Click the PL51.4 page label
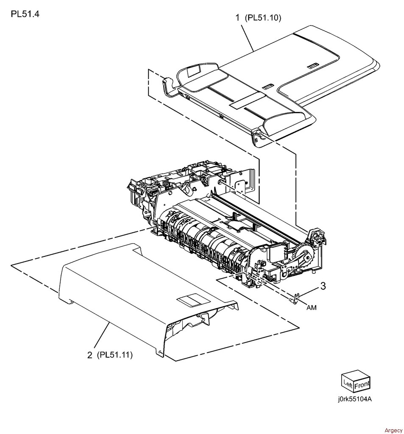(25, 14)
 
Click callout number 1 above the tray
(237, 18)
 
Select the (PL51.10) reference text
(263, 18)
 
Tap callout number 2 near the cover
(89, 355)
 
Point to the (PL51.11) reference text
(114, 355)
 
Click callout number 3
(323, 286)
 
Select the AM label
(311, 307)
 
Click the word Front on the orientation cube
(362, 385)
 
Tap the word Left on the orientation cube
(348, 384)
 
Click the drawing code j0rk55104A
(355, 399)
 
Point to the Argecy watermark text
(393, 431)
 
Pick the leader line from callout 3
(308, 293)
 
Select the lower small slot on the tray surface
(266, 87)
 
